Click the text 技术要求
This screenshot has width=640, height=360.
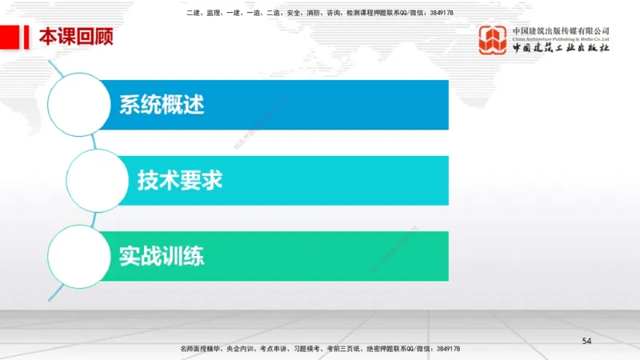[180, 180]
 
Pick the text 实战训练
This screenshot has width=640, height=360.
[162, 256]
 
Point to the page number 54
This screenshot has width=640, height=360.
[586, 342]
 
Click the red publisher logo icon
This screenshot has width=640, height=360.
[493, 40]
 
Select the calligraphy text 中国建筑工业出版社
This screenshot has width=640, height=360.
[561, 50]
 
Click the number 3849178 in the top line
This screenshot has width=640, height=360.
[439, 13]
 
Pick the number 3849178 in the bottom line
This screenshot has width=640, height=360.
[444, 350]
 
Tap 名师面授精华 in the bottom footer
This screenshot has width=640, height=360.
[200, 350]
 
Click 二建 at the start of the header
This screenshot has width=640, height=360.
[193, 13]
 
